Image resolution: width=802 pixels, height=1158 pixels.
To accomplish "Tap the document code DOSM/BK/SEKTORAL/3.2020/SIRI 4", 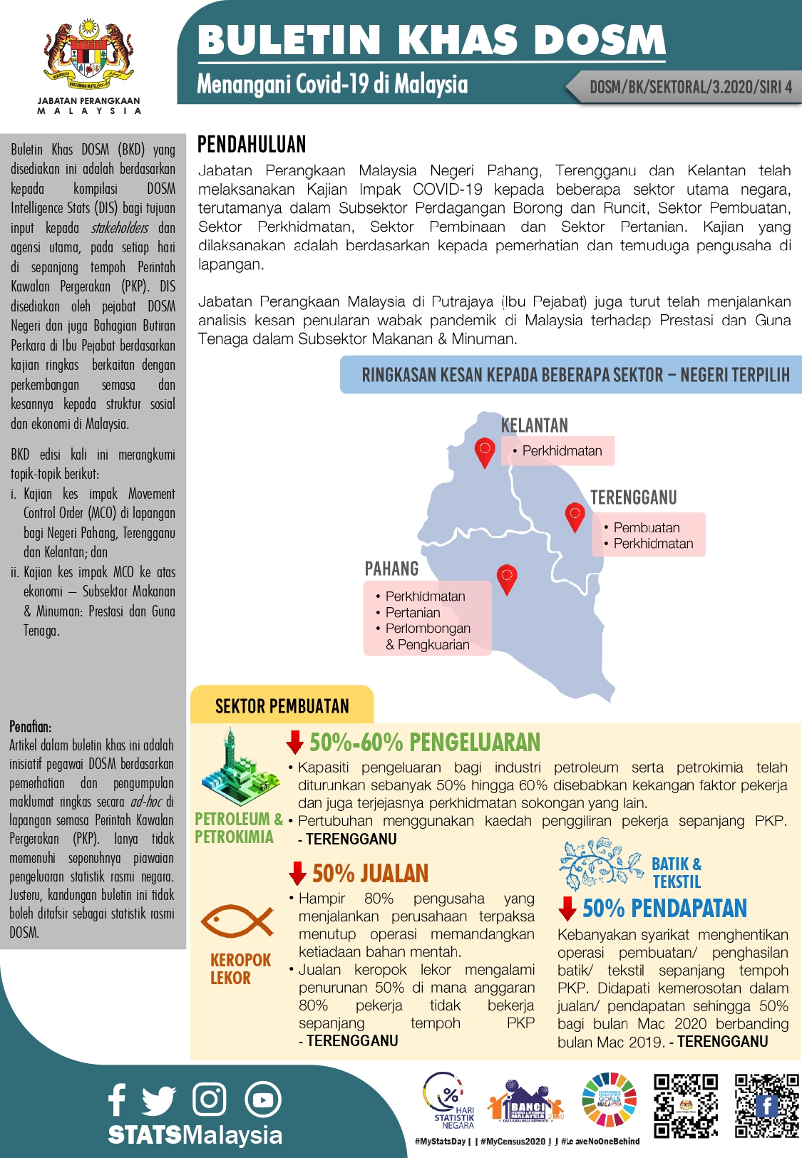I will click(690, 88).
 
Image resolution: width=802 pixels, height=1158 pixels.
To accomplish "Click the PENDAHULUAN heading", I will click(252, 145).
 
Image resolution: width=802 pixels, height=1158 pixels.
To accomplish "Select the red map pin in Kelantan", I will click(485, 451).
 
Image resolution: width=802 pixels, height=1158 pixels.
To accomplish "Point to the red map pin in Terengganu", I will click(575, 516).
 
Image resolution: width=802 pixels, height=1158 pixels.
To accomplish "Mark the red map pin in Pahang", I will click(507, 578).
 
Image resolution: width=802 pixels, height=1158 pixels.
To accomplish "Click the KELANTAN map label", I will click(535, 425).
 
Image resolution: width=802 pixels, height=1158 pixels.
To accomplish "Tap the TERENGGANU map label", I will click(633, 497).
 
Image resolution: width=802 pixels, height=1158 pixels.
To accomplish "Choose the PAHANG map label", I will click(391, 569).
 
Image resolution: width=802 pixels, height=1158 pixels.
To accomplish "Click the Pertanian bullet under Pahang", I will click(413, 612).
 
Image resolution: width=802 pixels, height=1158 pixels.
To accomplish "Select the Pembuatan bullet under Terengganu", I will click(647, 527).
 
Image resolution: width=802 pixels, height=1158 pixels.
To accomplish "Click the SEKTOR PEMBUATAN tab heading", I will click(282, 706).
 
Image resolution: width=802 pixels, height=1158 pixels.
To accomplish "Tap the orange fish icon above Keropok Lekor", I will click(237, 921).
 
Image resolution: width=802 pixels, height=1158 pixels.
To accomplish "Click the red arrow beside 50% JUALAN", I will click(298, 873).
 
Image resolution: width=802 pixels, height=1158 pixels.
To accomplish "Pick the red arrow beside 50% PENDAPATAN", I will click(567, 909).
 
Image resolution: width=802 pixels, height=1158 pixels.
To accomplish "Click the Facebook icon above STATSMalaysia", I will click(118, 1099).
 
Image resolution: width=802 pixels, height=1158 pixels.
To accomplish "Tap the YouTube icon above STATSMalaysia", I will click(263, 1100).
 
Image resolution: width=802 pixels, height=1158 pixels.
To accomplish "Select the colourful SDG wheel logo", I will click(610, 1100).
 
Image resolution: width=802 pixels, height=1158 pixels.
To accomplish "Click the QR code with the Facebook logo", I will click(767, 1105).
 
